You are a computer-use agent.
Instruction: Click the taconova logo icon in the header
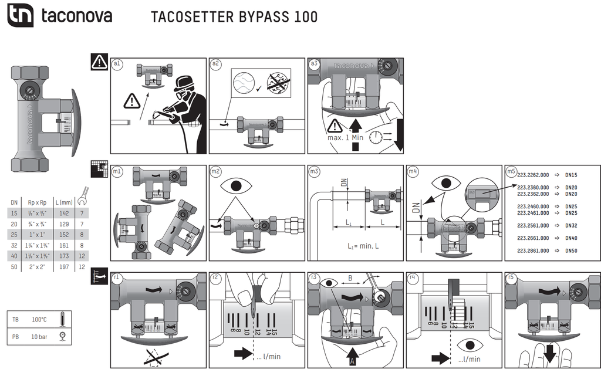coord(21,15)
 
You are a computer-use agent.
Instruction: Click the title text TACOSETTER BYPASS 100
coord(234,16)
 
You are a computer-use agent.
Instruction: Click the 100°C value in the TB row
coord(39,320)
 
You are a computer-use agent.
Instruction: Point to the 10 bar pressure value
coord(39,337)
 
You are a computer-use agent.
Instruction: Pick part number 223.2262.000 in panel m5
coord(533,175)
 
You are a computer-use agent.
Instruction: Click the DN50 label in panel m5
coord(572,250)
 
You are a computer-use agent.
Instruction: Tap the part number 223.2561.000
coord(533,225)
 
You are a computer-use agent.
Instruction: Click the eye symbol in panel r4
coord(468,344)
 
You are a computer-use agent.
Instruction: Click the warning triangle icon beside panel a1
coord(99,62)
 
